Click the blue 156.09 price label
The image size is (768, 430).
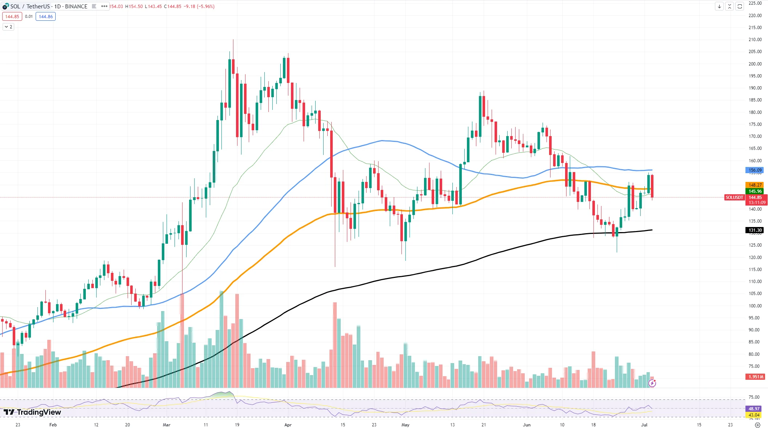(x=755, y=170)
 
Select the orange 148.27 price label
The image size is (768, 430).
(x=755, y=185)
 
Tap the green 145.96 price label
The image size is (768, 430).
(x=755, y=191)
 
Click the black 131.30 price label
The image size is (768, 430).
(x=755, y=230)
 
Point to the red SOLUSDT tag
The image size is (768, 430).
(x=734, y=198)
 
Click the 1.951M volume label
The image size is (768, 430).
(x=755, y=377)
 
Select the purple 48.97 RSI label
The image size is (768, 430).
(x=754, y=409)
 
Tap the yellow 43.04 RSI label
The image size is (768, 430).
(x=754, y=415)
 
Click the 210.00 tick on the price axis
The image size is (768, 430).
(x=755, y=40)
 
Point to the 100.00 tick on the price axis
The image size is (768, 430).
(x=755, y=306)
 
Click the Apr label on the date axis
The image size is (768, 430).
(x=288, y=425)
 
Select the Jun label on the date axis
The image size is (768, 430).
(x=527, y=425)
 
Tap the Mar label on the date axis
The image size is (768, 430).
(x=167, y=425)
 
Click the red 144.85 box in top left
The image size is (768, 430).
(x=12, y=17)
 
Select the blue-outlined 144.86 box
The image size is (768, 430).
(x=46, y=17)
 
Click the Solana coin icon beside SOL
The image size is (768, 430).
(x=5, y=6)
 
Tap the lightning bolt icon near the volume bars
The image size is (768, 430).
(x=652, y=383)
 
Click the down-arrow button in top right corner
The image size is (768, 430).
(x=719, y=6)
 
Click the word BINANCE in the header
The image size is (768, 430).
(x=76, y=7)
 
